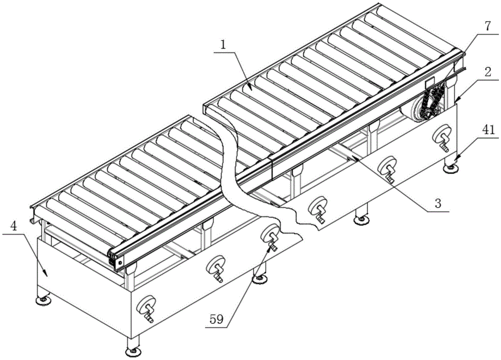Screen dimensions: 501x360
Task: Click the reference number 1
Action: point(223,46)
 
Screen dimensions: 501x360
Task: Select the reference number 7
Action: point(487,26)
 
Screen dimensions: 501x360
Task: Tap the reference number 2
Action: point(487,72)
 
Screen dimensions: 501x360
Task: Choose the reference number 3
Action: point(438,204)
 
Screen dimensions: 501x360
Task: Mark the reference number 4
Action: point(14,226)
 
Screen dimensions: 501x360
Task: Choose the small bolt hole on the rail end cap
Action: point(120,263)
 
